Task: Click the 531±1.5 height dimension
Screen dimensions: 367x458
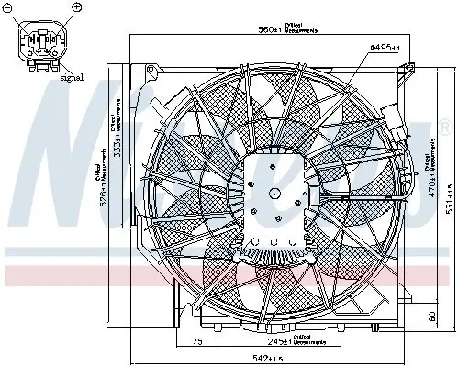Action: tap(447, 193)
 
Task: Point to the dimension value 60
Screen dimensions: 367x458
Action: tap(432, 318)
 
